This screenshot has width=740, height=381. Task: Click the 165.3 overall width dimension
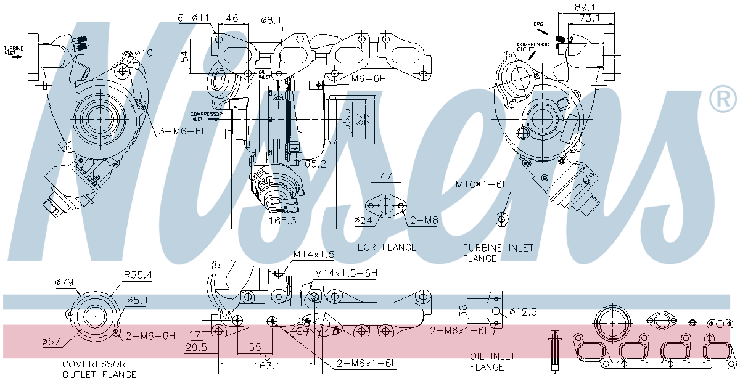(x=282, y=221)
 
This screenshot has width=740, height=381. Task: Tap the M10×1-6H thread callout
(x=482, y=184)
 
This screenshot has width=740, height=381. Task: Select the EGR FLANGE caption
(x=387, y=247)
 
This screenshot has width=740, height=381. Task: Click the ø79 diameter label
(x=65, y=283)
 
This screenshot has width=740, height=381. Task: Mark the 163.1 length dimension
(x=269, y=366)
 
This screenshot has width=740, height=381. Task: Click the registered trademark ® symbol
(x=723, y=100)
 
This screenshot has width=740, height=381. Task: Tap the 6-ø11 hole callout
(x=194, y=18)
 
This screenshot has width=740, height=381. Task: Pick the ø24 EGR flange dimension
(x=364, y=219)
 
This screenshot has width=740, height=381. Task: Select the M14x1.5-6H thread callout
(x=346, y=273)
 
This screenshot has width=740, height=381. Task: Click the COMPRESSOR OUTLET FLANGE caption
(x=99, y=369)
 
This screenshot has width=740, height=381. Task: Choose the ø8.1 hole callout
(x=271, y=20)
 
